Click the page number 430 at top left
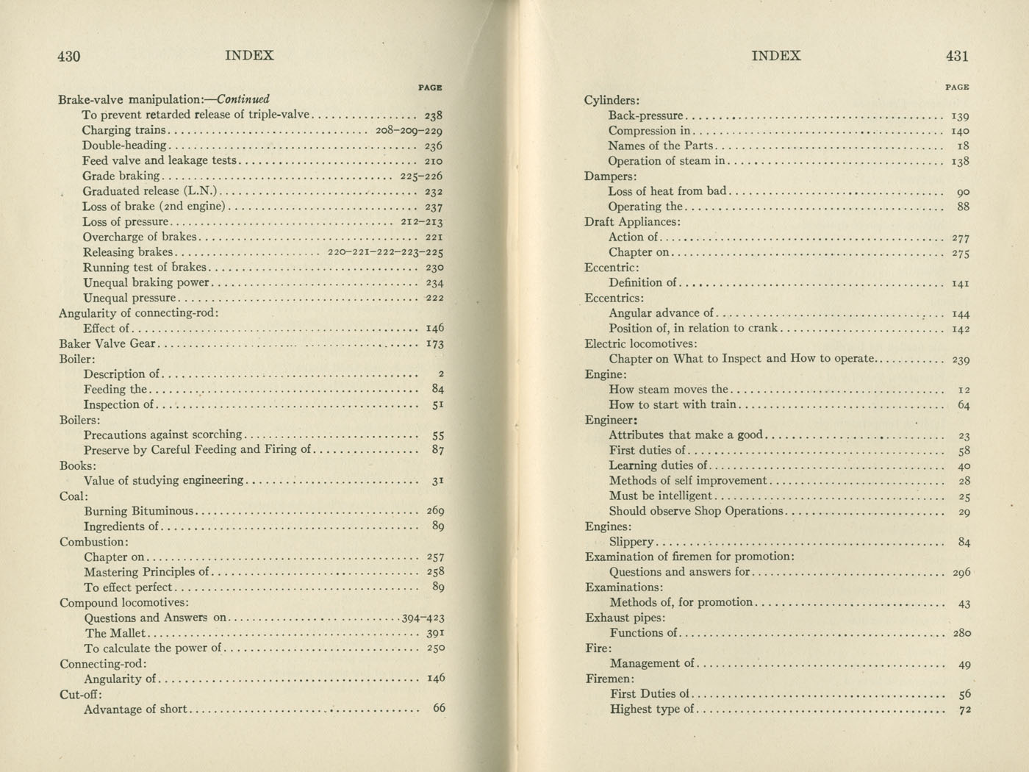[68, 56]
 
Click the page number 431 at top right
[957, 56]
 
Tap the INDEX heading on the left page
[249, 55]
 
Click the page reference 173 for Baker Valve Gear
[435, 343]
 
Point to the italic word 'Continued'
[243, 99]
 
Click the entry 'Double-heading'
[124, 146]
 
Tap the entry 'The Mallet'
[116, 633]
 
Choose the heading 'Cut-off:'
[80, 694]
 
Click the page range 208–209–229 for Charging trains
[409, 131]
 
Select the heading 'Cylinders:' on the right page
[612, 100]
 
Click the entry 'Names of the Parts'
[660, 146]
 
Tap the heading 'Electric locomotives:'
[641, 343]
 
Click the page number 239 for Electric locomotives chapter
[961, 360]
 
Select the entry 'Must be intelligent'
[660, 496]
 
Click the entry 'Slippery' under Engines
[631, 542]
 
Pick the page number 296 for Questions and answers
[961, 572]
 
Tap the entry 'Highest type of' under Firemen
[652, 710]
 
